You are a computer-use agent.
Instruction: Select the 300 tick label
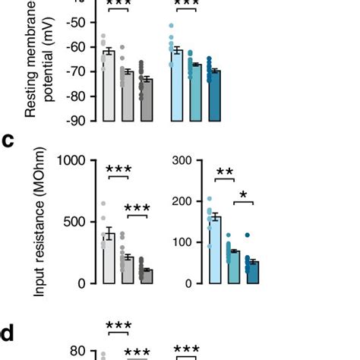pos(181,160)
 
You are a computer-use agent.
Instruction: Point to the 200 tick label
pos(181,201)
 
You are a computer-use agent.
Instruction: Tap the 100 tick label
pos(181,242)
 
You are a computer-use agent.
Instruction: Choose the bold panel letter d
pos(9,332)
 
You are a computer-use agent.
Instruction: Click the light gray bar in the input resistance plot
pos(109,258)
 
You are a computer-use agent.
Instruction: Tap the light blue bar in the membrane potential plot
pos(177,85)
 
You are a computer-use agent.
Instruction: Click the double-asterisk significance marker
pos(224,172)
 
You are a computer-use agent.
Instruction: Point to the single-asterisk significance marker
pos(243,195)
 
